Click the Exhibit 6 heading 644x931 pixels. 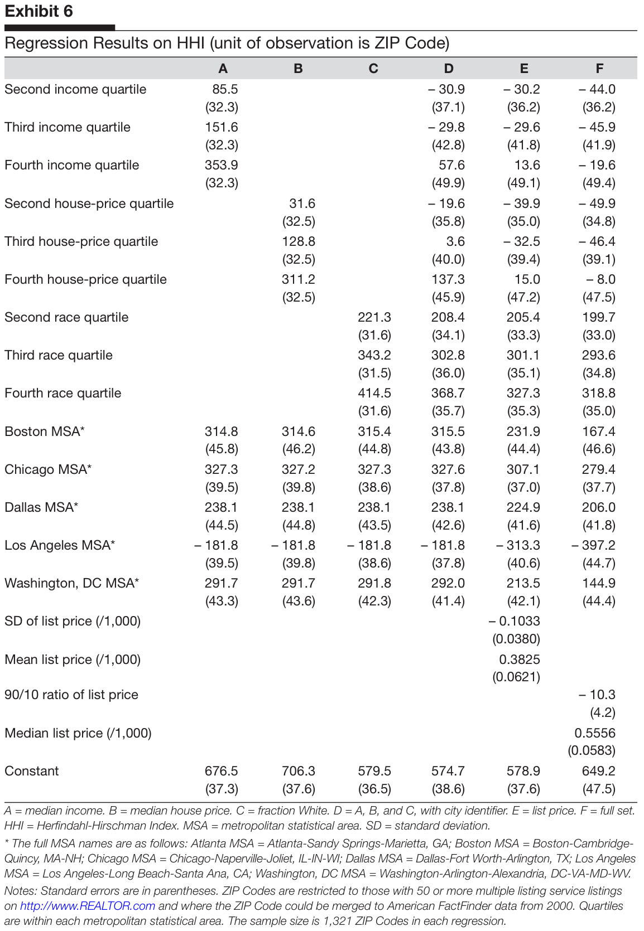point(39,11)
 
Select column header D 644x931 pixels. point(449,69)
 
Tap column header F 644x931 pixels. point(599,69)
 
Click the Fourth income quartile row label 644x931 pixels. point(72,166)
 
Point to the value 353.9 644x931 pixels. point(222,166)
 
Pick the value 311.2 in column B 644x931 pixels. point(299,279)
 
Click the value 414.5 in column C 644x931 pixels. point(374,393)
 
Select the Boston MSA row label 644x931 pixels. point(45,431)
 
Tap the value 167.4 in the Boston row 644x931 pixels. point(599,431)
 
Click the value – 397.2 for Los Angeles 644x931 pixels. point(594,545)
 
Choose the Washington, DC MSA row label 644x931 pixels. point(71,583)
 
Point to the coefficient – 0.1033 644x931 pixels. point(515,621)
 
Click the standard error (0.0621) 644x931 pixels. point(516,677)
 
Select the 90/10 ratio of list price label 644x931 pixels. point(71,695)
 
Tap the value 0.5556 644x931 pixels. point(595,733)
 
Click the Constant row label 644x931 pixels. point(32,771)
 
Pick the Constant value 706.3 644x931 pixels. point(299,771)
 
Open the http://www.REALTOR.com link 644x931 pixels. point(88,906)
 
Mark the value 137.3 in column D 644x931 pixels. point(448,279)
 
